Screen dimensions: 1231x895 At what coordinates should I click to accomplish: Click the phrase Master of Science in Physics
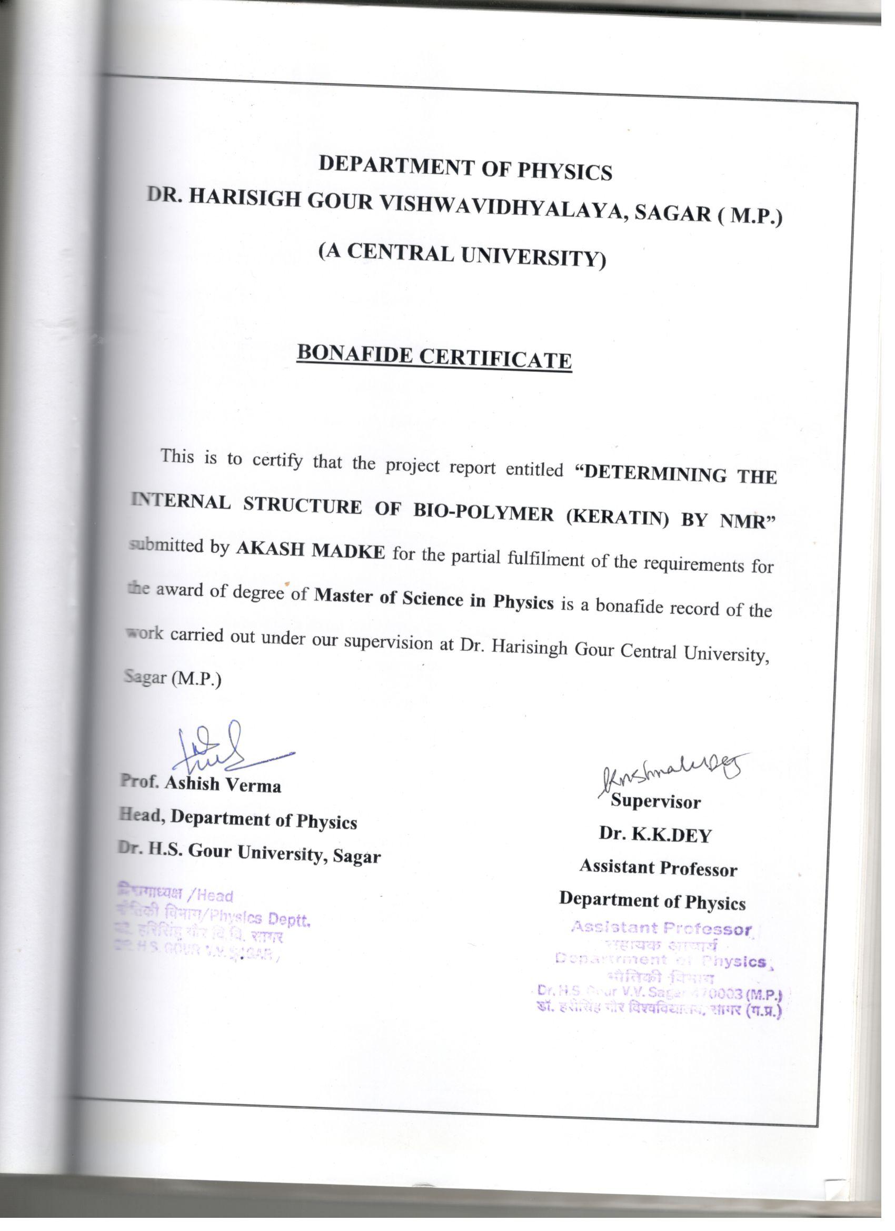pyautogui.click(x=434, y=599)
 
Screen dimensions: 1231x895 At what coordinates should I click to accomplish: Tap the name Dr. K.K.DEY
pyautogui.click(x=654, y=835)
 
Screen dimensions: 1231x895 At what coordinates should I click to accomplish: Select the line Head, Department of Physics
pyautogui.click(x=238, y=819)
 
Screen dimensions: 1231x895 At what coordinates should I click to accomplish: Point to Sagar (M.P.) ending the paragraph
pyautogui.click(x=173, y=679)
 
